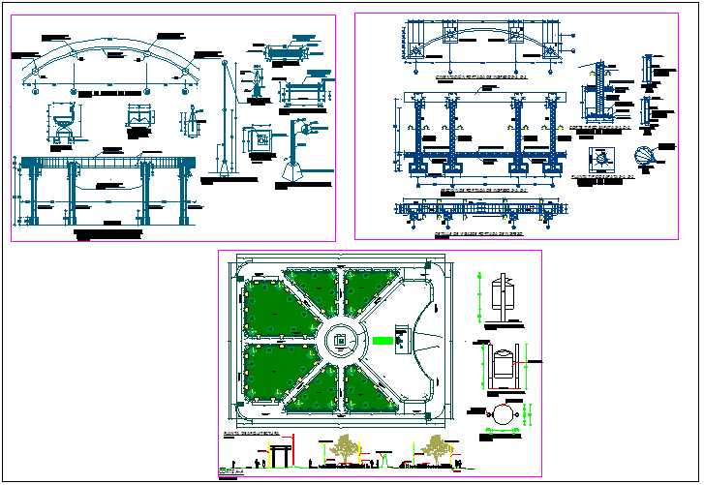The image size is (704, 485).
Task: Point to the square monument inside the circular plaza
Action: coord(342,340)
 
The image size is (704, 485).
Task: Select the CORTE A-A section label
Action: coord(232,471)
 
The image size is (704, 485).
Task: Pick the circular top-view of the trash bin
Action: coord(504,414)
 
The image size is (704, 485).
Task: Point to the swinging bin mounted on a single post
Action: coord(502,295)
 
